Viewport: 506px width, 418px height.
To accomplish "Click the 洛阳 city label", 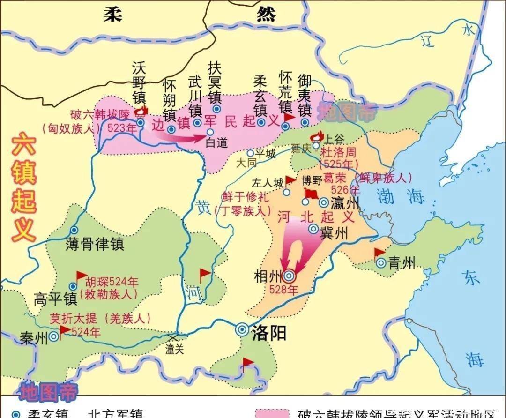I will tap(269, 333).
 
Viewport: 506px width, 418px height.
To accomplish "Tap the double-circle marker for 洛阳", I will tap(243, 329).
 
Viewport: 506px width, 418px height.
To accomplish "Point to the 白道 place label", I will tap(216, 143).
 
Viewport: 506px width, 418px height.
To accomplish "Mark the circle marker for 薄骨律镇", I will tap(74, 230).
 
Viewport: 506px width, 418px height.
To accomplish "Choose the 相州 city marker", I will tap(289, 275).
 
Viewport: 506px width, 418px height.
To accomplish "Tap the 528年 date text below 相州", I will tap(283, 290).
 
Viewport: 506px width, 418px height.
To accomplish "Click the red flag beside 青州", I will tap(379, 254).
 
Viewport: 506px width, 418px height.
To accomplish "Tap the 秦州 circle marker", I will tap(54, 336).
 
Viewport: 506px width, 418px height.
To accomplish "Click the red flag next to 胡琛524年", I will tap(81, 275).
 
